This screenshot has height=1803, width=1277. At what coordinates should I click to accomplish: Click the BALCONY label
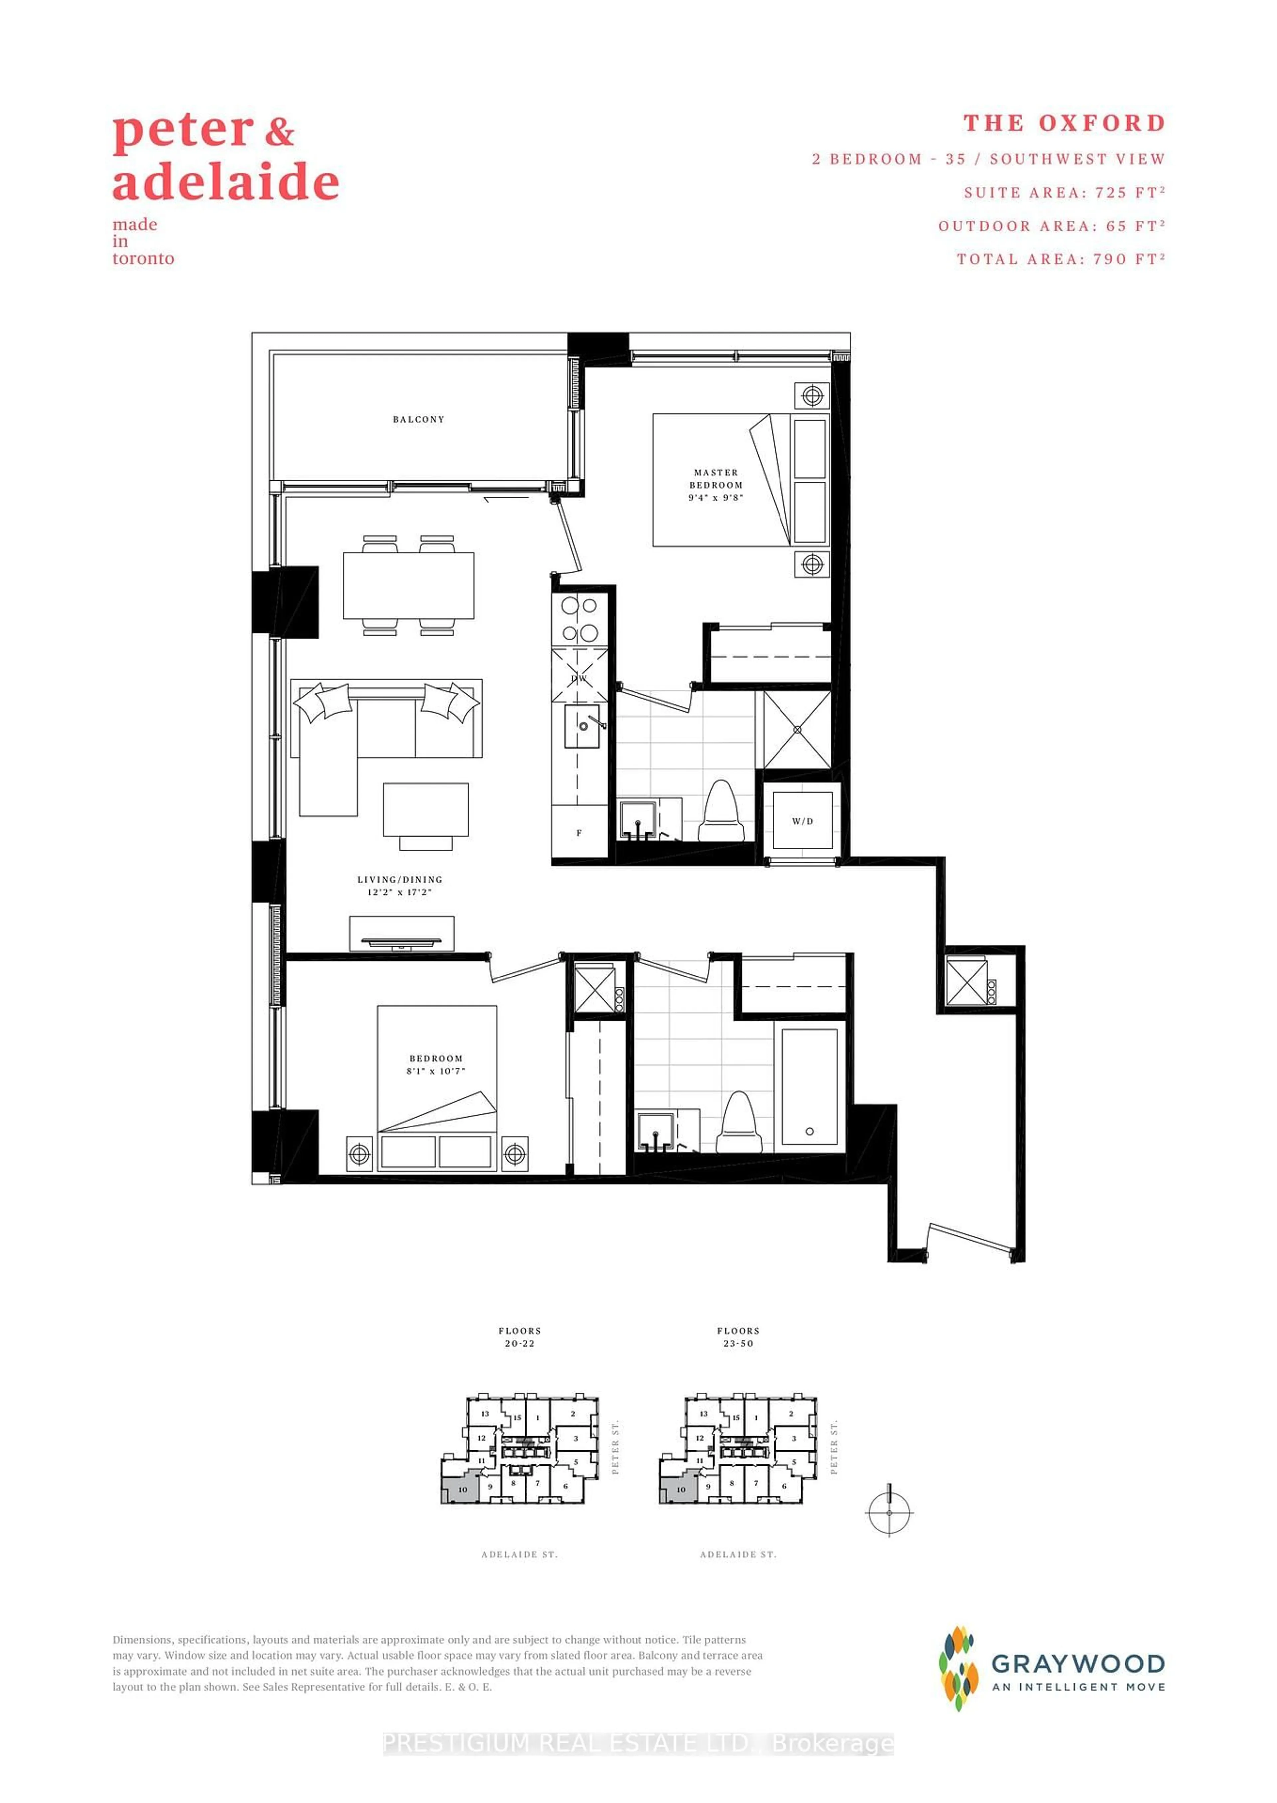click(x=418, y=419)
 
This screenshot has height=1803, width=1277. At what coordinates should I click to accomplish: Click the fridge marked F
click(x=579, y=833)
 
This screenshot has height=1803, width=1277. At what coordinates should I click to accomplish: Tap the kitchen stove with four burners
click(x=580, y=619)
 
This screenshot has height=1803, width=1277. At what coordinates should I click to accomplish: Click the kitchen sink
click(x=583, y=725)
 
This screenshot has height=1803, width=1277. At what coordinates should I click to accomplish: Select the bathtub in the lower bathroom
click(x=809, y=1088)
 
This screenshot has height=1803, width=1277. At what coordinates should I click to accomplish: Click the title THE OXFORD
click(x=1064, y=123)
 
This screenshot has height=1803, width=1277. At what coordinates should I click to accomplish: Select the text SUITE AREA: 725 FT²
click(x=1064, y=193)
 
